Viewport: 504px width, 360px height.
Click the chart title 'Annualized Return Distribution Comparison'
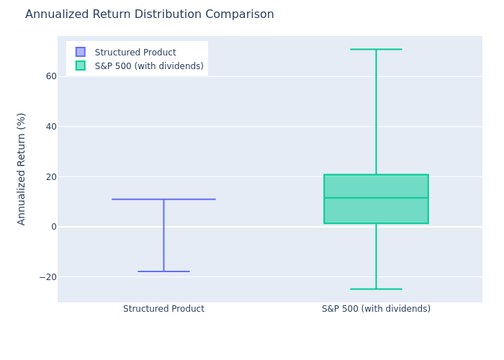pos(150,14)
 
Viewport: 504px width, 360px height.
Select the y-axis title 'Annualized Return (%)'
pos(21,169)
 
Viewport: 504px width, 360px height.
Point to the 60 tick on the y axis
pos(51,76)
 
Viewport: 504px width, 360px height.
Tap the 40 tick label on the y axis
pos(51,127)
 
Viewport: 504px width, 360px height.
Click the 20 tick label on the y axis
pos(51,177)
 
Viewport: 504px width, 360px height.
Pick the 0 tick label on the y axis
pos(54,227)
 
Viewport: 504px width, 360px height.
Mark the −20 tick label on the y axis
pos(48,277)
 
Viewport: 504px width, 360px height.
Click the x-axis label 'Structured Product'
pos(163,309)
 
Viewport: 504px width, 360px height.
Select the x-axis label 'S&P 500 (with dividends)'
pos(376,309)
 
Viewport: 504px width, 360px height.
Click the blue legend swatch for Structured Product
pos(81,52)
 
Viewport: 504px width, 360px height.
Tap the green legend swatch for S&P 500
pos(81,66)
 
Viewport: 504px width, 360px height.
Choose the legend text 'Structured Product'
pos(135,52)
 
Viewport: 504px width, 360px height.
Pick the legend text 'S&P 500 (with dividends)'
pos(149,66)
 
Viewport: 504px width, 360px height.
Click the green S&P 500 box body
pos(376,210)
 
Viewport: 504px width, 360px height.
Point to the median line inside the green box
pos(376,198)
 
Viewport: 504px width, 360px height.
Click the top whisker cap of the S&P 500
pos(376,49)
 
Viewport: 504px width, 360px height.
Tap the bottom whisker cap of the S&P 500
pos(376,289)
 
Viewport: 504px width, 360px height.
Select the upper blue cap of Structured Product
pos(163,199)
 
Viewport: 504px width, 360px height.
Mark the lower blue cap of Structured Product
pos(163,271)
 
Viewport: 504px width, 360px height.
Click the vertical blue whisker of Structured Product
pos(163,235)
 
